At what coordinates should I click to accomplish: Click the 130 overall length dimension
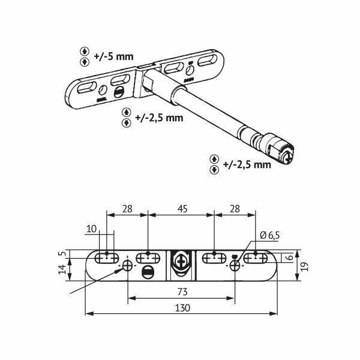182,308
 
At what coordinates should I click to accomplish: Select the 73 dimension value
182,292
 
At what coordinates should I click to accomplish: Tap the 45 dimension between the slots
182,209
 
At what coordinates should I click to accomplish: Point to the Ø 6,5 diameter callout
270,236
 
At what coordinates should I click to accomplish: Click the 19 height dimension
305,266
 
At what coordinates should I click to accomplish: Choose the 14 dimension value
62,269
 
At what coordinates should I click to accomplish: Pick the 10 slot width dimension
91,229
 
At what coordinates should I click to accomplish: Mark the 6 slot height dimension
290,257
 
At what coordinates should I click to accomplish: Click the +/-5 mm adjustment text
113,56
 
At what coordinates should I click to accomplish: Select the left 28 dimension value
127,209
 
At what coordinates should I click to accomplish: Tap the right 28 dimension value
235,209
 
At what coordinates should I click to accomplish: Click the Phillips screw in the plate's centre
181,261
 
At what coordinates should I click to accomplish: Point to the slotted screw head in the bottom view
148,272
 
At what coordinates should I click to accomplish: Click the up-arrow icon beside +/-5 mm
85,51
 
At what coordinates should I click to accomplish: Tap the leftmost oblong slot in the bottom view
107,259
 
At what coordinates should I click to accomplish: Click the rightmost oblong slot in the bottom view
256,259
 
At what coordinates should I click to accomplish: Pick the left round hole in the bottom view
127,266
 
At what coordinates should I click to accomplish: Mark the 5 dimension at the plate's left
64,254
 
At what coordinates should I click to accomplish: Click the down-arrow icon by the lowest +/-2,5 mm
214,170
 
